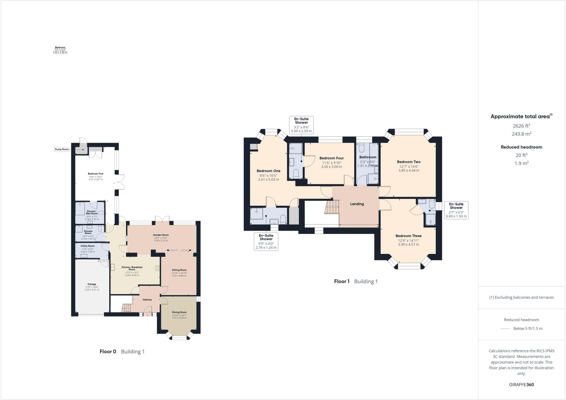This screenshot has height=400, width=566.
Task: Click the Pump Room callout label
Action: coord(62,149)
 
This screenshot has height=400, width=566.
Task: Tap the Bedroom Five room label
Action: coord(95,174)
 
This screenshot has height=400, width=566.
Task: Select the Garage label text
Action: coord(92,284)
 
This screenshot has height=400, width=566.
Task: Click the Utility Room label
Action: coord(88,246)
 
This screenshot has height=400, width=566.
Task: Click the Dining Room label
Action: coord(179,312)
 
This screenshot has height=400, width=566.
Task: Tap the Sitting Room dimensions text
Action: coord(179,274)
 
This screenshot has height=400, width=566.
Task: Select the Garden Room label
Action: coord(161,235)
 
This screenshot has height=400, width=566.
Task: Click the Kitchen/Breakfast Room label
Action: coord(132,268)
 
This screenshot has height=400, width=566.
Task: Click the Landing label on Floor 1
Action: coord(357,204)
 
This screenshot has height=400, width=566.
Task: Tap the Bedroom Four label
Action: coord(332,158)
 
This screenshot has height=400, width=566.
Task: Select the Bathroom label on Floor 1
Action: coord(368,157)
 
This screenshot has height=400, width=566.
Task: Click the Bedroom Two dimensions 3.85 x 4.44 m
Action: coord(409,170)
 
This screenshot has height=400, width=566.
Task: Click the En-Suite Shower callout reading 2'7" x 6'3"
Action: coord(456,210)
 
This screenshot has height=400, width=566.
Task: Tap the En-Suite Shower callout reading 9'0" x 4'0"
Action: coord(266,241)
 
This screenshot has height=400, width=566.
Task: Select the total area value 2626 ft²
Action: coord(522,126)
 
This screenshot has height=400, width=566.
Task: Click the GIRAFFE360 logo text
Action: coord(522,385)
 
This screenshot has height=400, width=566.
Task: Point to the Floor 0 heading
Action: coord(108,352)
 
